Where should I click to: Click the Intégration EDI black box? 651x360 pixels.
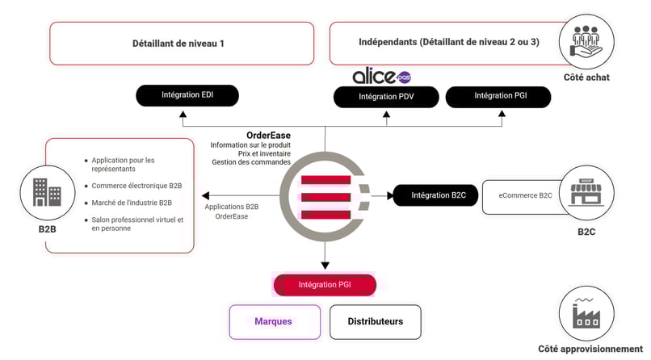187,96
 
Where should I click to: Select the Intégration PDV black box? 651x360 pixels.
386,97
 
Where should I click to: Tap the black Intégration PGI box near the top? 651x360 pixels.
498,96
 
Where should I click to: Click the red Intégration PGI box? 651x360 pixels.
325,285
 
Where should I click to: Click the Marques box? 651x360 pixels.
273,321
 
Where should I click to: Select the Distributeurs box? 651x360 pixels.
375,321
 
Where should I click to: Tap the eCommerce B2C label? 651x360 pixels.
525,195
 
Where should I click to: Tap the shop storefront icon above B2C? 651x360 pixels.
587,194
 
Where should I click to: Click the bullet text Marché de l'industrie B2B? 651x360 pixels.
132,202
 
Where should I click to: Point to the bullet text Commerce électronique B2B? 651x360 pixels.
136,185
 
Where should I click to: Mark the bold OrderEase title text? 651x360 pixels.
268,135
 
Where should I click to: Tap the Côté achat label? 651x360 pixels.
587,77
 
